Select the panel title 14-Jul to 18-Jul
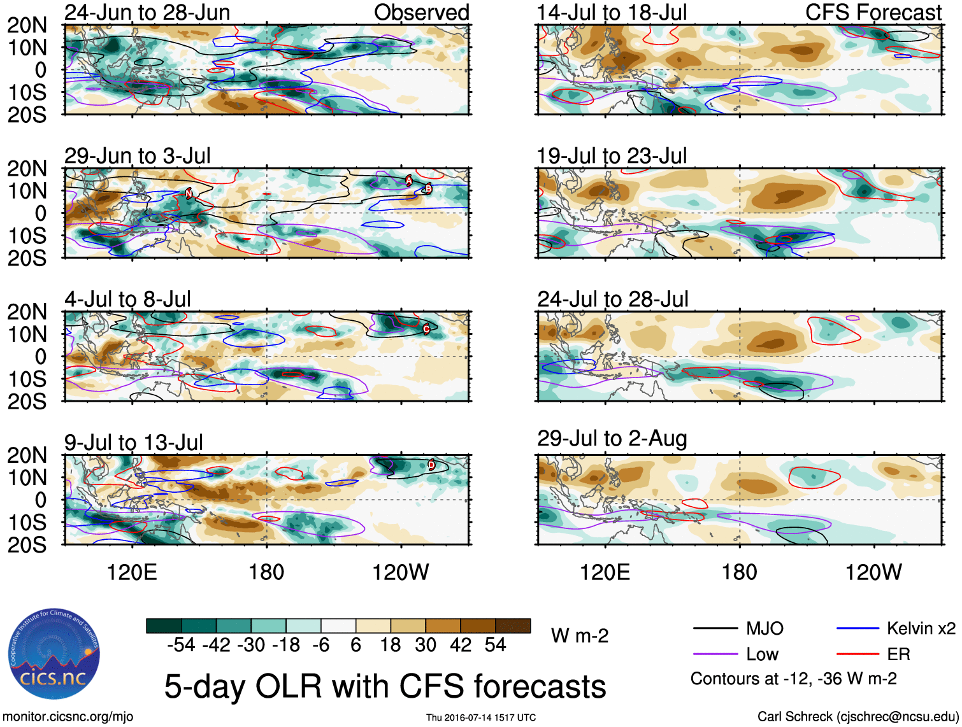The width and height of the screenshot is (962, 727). point(612,12)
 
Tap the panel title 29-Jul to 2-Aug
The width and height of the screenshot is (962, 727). point(612,439)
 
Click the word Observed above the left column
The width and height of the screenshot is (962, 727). point(421,12)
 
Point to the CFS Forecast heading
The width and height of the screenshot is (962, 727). point(873,12)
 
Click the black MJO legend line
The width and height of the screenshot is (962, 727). point(715,629)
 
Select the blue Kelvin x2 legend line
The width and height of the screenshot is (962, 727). point(858,629)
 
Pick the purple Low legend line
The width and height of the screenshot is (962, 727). point(715,654)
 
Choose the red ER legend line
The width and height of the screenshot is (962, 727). point(858,654)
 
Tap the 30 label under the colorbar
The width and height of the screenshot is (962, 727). point(426,645)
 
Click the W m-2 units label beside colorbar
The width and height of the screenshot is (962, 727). point(580,635)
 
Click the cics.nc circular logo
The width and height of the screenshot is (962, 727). point(54,654)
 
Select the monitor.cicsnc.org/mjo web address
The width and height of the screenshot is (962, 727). point(68,717)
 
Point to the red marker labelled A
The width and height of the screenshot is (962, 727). point(409,181)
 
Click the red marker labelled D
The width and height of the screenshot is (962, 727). point(431,465)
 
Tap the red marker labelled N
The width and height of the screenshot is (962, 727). point(189,194)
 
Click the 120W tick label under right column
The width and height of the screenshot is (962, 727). point(873,572)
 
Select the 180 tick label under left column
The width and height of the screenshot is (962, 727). point(266,572)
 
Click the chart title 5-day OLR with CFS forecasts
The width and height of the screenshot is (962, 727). point(385,686)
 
